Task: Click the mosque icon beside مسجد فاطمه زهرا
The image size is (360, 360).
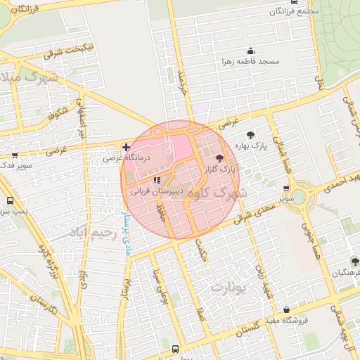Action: (x=250, y=51)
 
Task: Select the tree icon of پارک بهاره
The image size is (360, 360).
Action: (x=250, y=134)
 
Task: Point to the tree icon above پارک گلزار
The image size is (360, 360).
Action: (x=220, y=159)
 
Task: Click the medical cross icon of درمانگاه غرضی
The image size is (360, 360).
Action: (x=125, y=147)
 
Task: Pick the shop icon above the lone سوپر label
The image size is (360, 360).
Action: (x=285, y=188)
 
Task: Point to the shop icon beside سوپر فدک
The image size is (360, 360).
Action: (x=15, y=156)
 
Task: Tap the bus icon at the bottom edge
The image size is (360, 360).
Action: (x=175, y=348)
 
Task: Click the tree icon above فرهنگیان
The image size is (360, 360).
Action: (x=354, y=260)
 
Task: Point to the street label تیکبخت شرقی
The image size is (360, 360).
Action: (x=64, y=51)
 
